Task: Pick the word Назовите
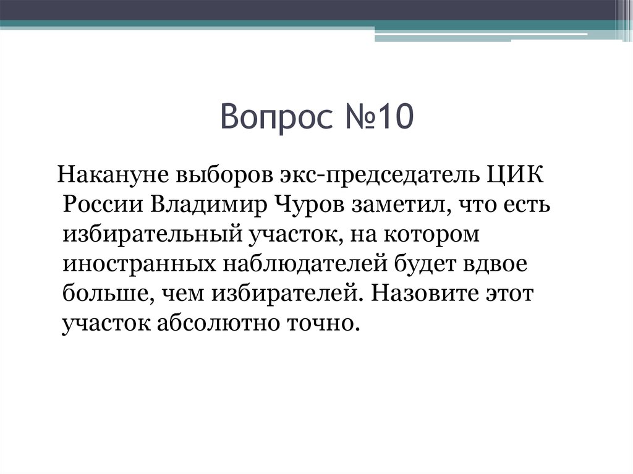point(417,294)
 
